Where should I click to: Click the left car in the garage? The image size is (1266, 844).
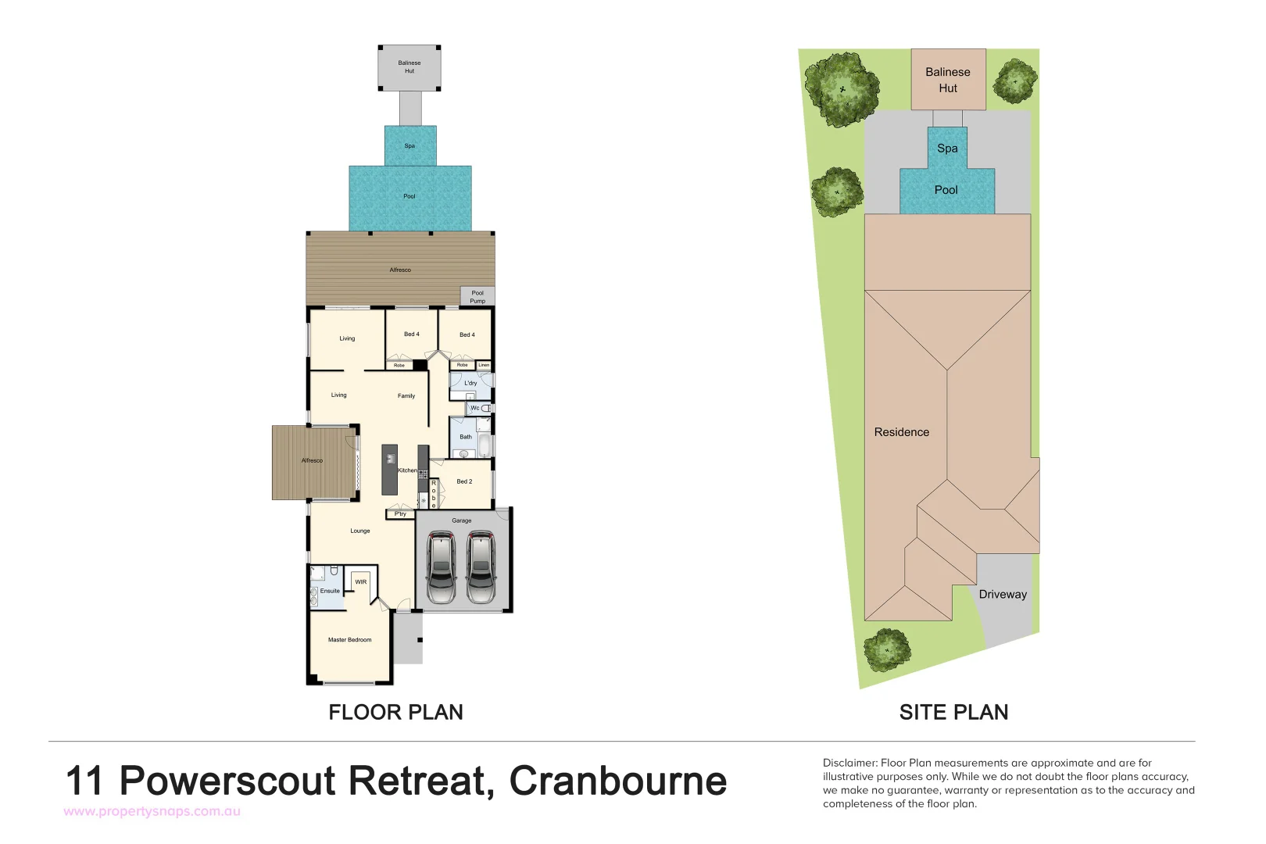click(442, 568)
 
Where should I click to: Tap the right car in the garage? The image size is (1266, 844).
click(481, 568)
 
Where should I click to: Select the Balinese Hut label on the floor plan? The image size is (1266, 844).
click(409, 67)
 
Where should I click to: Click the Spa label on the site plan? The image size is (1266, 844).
click(947, 148)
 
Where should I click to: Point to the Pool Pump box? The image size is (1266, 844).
click(477, 297)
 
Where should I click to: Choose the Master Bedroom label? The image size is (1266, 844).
click(349, 640)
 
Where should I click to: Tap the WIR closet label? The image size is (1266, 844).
click(361, 582)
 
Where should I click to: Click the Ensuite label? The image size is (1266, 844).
click(330, 592)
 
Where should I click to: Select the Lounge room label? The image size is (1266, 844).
click(360, 531)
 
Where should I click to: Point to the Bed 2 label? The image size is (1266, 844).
click(464, 482)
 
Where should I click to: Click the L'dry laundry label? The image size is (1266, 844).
click(470, 384)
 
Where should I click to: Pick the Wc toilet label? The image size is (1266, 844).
click(475, 409)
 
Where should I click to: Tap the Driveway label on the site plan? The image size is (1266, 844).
click(1003, 595)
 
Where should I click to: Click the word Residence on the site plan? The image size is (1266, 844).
click(902, 432)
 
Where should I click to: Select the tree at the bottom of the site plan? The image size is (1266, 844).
click(887, 649)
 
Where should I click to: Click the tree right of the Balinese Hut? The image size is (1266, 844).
click(1015, 80)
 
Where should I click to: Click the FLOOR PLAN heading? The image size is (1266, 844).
click(395, 713)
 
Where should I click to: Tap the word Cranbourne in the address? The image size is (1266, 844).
click(617, 781)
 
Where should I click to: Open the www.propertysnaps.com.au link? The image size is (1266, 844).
click(152, 812)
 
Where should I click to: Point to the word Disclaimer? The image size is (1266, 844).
click(849, 764)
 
